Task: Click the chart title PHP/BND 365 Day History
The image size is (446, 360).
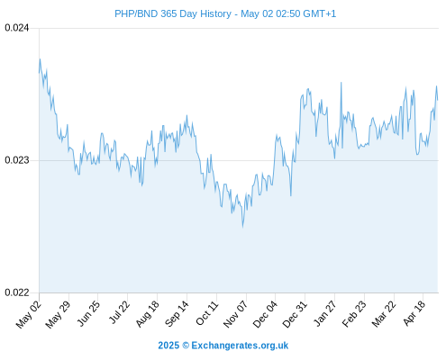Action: coord(173,13)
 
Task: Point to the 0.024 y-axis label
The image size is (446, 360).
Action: coord(17,28)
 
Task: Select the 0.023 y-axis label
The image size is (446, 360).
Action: coord(17,160)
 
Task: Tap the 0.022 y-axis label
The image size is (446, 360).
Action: coord(17,292)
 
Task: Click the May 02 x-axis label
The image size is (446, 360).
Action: coord(28,314)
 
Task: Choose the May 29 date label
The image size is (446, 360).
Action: coord(58,314)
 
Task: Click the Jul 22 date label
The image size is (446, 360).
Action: coord(118,312)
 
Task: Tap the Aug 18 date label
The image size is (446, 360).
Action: coord(147,314)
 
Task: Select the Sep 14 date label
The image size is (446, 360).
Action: coord(177,314)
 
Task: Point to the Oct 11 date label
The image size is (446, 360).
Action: coord(207,313)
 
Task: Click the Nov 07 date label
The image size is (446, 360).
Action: coord(235,314)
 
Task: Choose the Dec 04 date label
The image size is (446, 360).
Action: coord(265,314)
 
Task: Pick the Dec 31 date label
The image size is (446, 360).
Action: coord(295,314)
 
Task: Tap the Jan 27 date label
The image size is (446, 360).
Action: coord(324,313)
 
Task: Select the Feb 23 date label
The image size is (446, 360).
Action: coord(354,314)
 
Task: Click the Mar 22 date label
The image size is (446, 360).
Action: coord(384,314)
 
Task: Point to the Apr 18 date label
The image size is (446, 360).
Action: coord(414,313)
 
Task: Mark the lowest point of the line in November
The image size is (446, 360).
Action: coord(242,227)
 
